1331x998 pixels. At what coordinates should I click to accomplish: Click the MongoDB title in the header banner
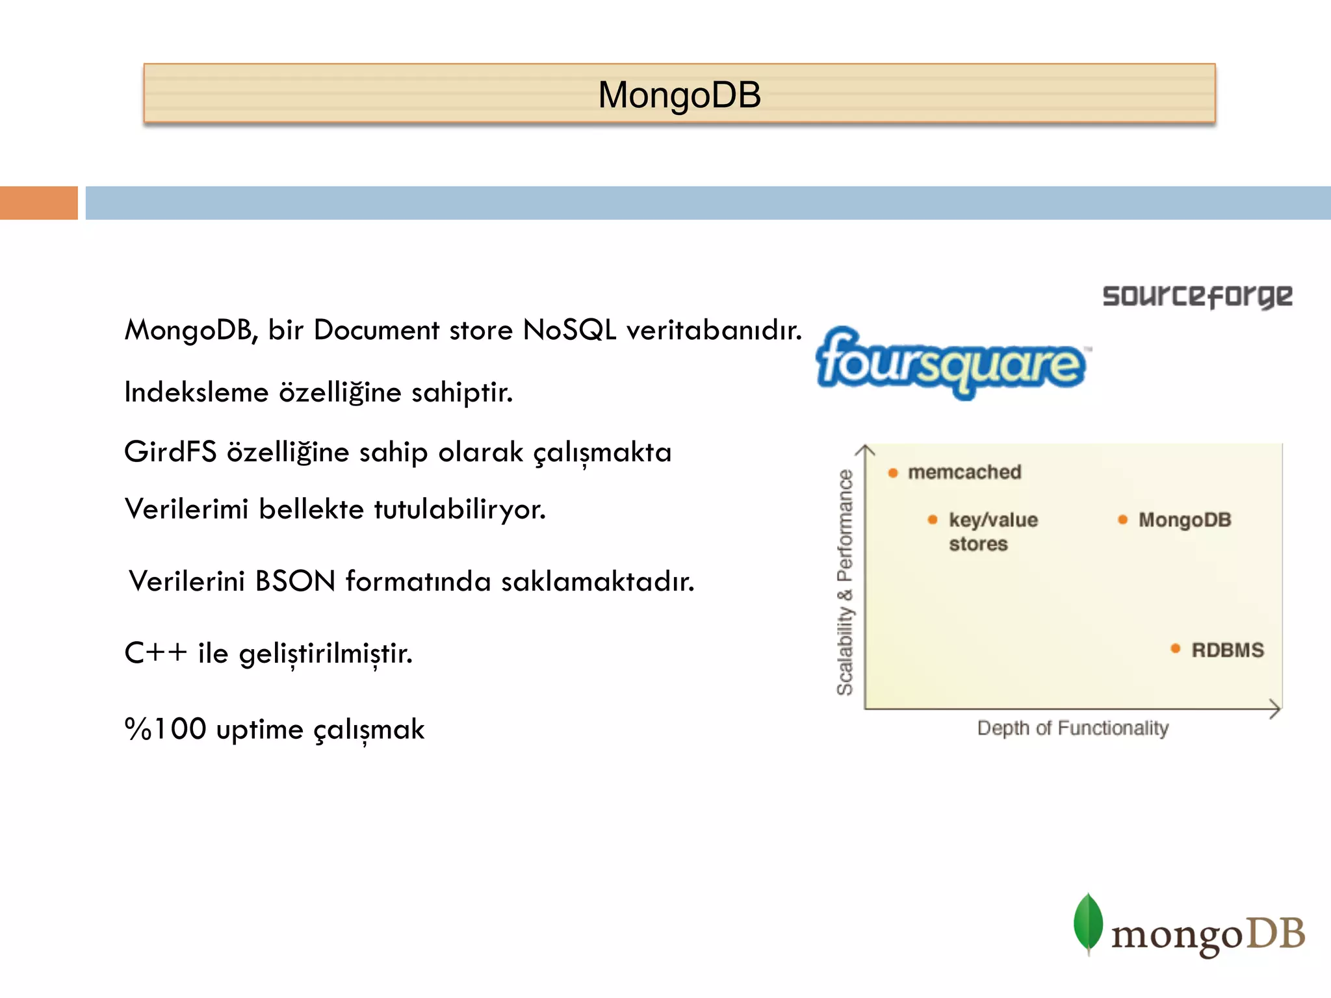click(679, 95)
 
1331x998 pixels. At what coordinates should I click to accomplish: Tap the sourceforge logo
click(1197, 296)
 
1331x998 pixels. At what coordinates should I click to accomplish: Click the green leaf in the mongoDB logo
click(1088, 923)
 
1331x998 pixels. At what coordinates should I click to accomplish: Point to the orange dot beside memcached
click(893, 473)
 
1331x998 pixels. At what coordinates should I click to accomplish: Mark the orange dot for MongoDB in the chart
click(1122, 520)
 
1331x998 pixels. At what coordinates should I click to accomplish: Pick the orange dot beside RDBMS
click(1175, 648)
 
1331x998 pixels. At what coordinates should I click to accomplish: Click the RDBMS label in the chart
click(1228, 650)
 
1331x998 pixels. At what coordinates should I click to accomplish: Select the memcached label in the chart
click(964, 472)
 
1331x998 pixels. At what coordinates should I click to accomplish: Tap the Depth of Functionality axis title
click(1072, 728)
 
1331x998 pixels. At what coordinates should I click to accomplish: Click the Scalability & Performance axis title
click(845, 582)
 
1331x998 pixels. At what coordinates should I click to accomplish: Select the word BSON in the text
click(295, 581)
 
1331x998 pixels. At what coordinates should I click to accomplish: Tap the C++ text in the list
click(156, 653)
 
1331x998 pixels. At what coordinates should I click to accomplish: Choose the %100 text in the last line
click(166, 729)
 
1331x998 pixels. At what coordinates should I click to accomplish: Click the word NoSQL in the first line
click(569, 330)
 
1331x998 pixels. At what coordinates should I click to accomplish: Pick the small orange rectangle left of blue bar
click(39, 203)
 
